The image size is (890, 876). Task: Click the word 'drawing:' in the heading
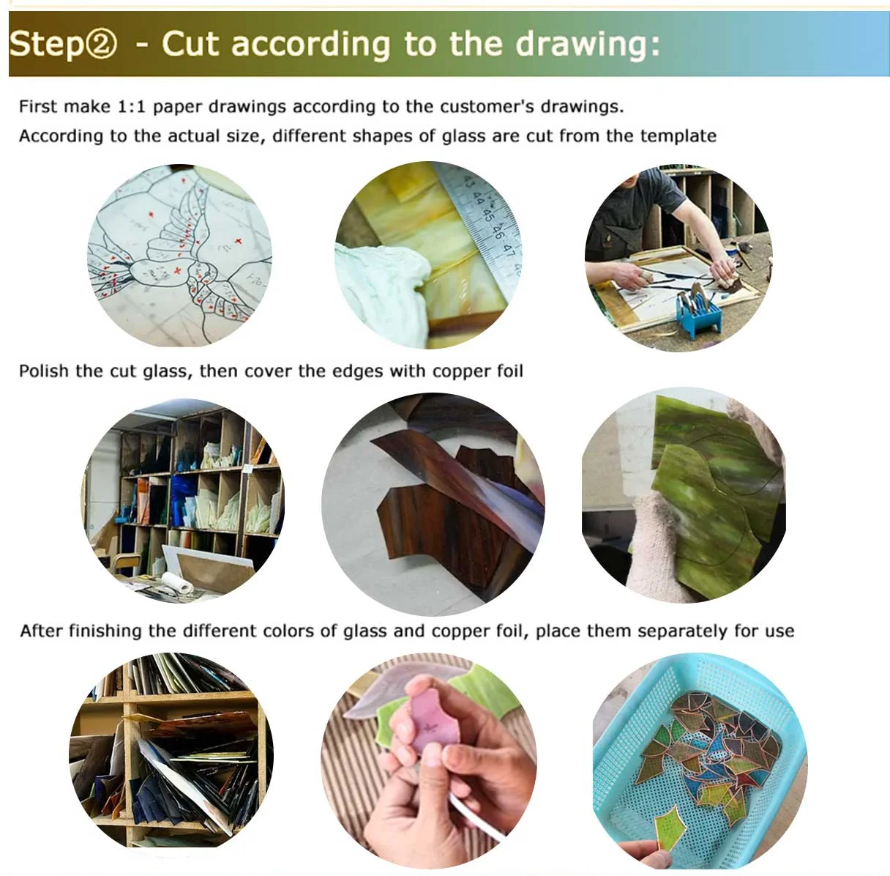click(x=587, y=45)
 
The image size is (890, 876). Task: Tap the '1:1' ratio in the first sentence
click(x=132, y=107)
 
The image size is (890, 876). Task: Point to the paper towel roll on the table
click(x=178, y=584)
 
